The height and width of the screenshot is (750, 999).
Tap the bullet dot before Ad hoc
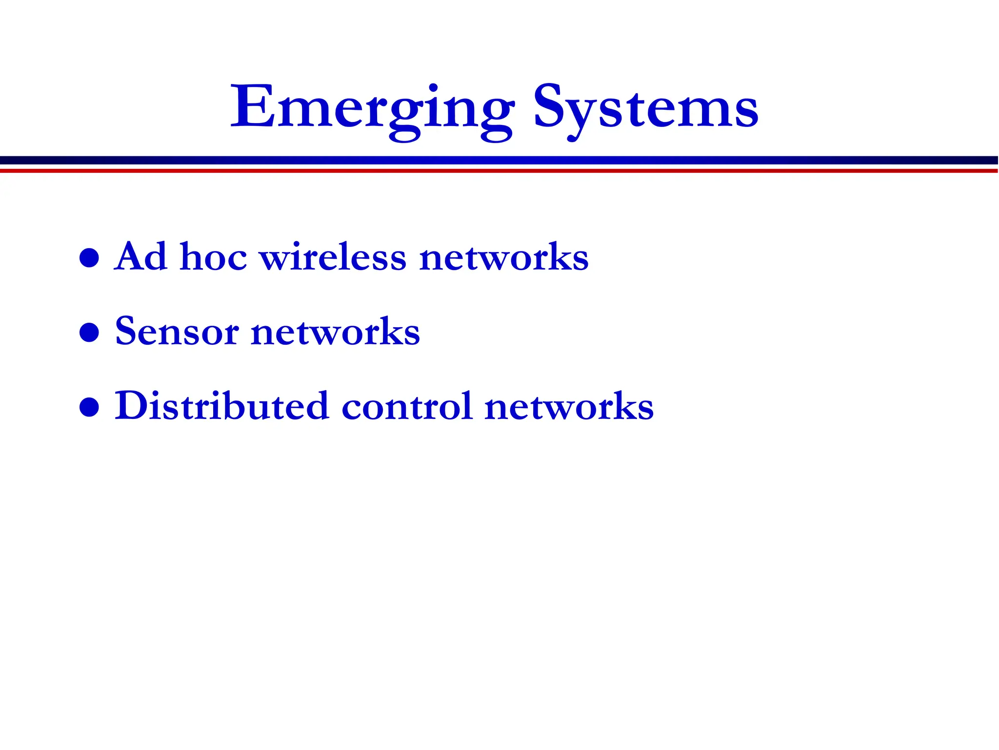(89, 258)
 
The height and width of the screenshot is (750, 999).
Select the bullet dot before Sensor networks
(89, 333)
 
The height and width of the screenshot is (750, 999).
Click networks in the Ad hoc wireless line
(503, 257)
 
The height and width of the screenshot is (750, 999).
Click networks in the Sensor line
(335, 332)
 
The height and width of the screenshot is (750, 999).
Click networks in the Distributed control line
(569, 406)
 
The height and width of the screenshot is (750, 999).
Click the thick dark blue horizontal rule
(499, 160)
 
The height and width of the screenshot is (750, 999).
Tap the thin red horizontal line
(499, 171)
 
